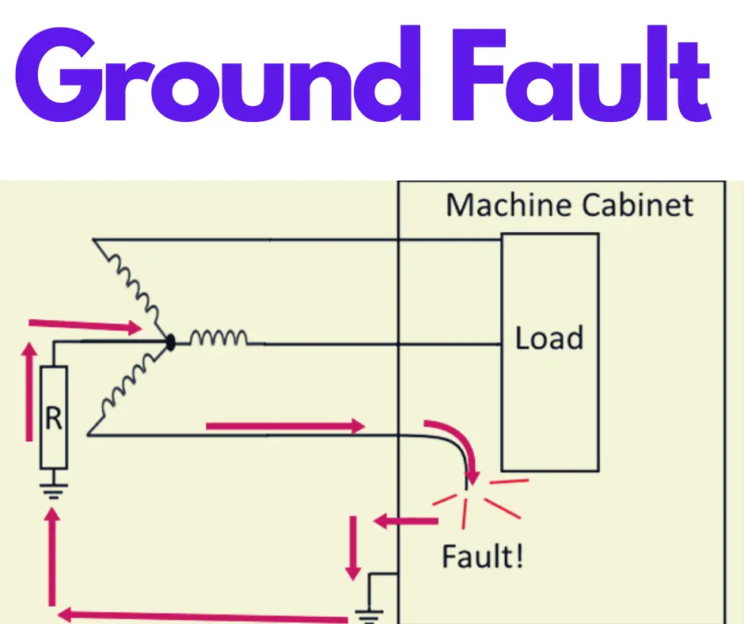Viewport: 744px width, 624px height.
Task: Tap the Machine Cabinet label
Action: (569, 206)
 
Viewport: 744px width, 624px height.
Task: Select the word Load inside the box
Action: (549, 339)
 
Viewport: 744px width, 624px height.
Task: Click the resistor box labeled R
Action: (54, 417)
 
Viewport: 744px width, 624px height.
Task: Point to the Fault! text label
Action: (482, 557)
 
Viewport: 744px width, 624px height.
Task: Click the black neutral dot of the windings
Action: (169, 343)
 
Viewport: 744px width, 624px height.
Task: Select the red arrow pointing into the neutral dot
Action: (82, 324)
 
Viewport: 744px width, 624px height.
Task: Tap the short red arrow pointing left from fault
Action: (405, 521)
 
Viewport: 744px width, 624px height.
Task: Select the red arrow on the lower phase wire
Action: (284, 427)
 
